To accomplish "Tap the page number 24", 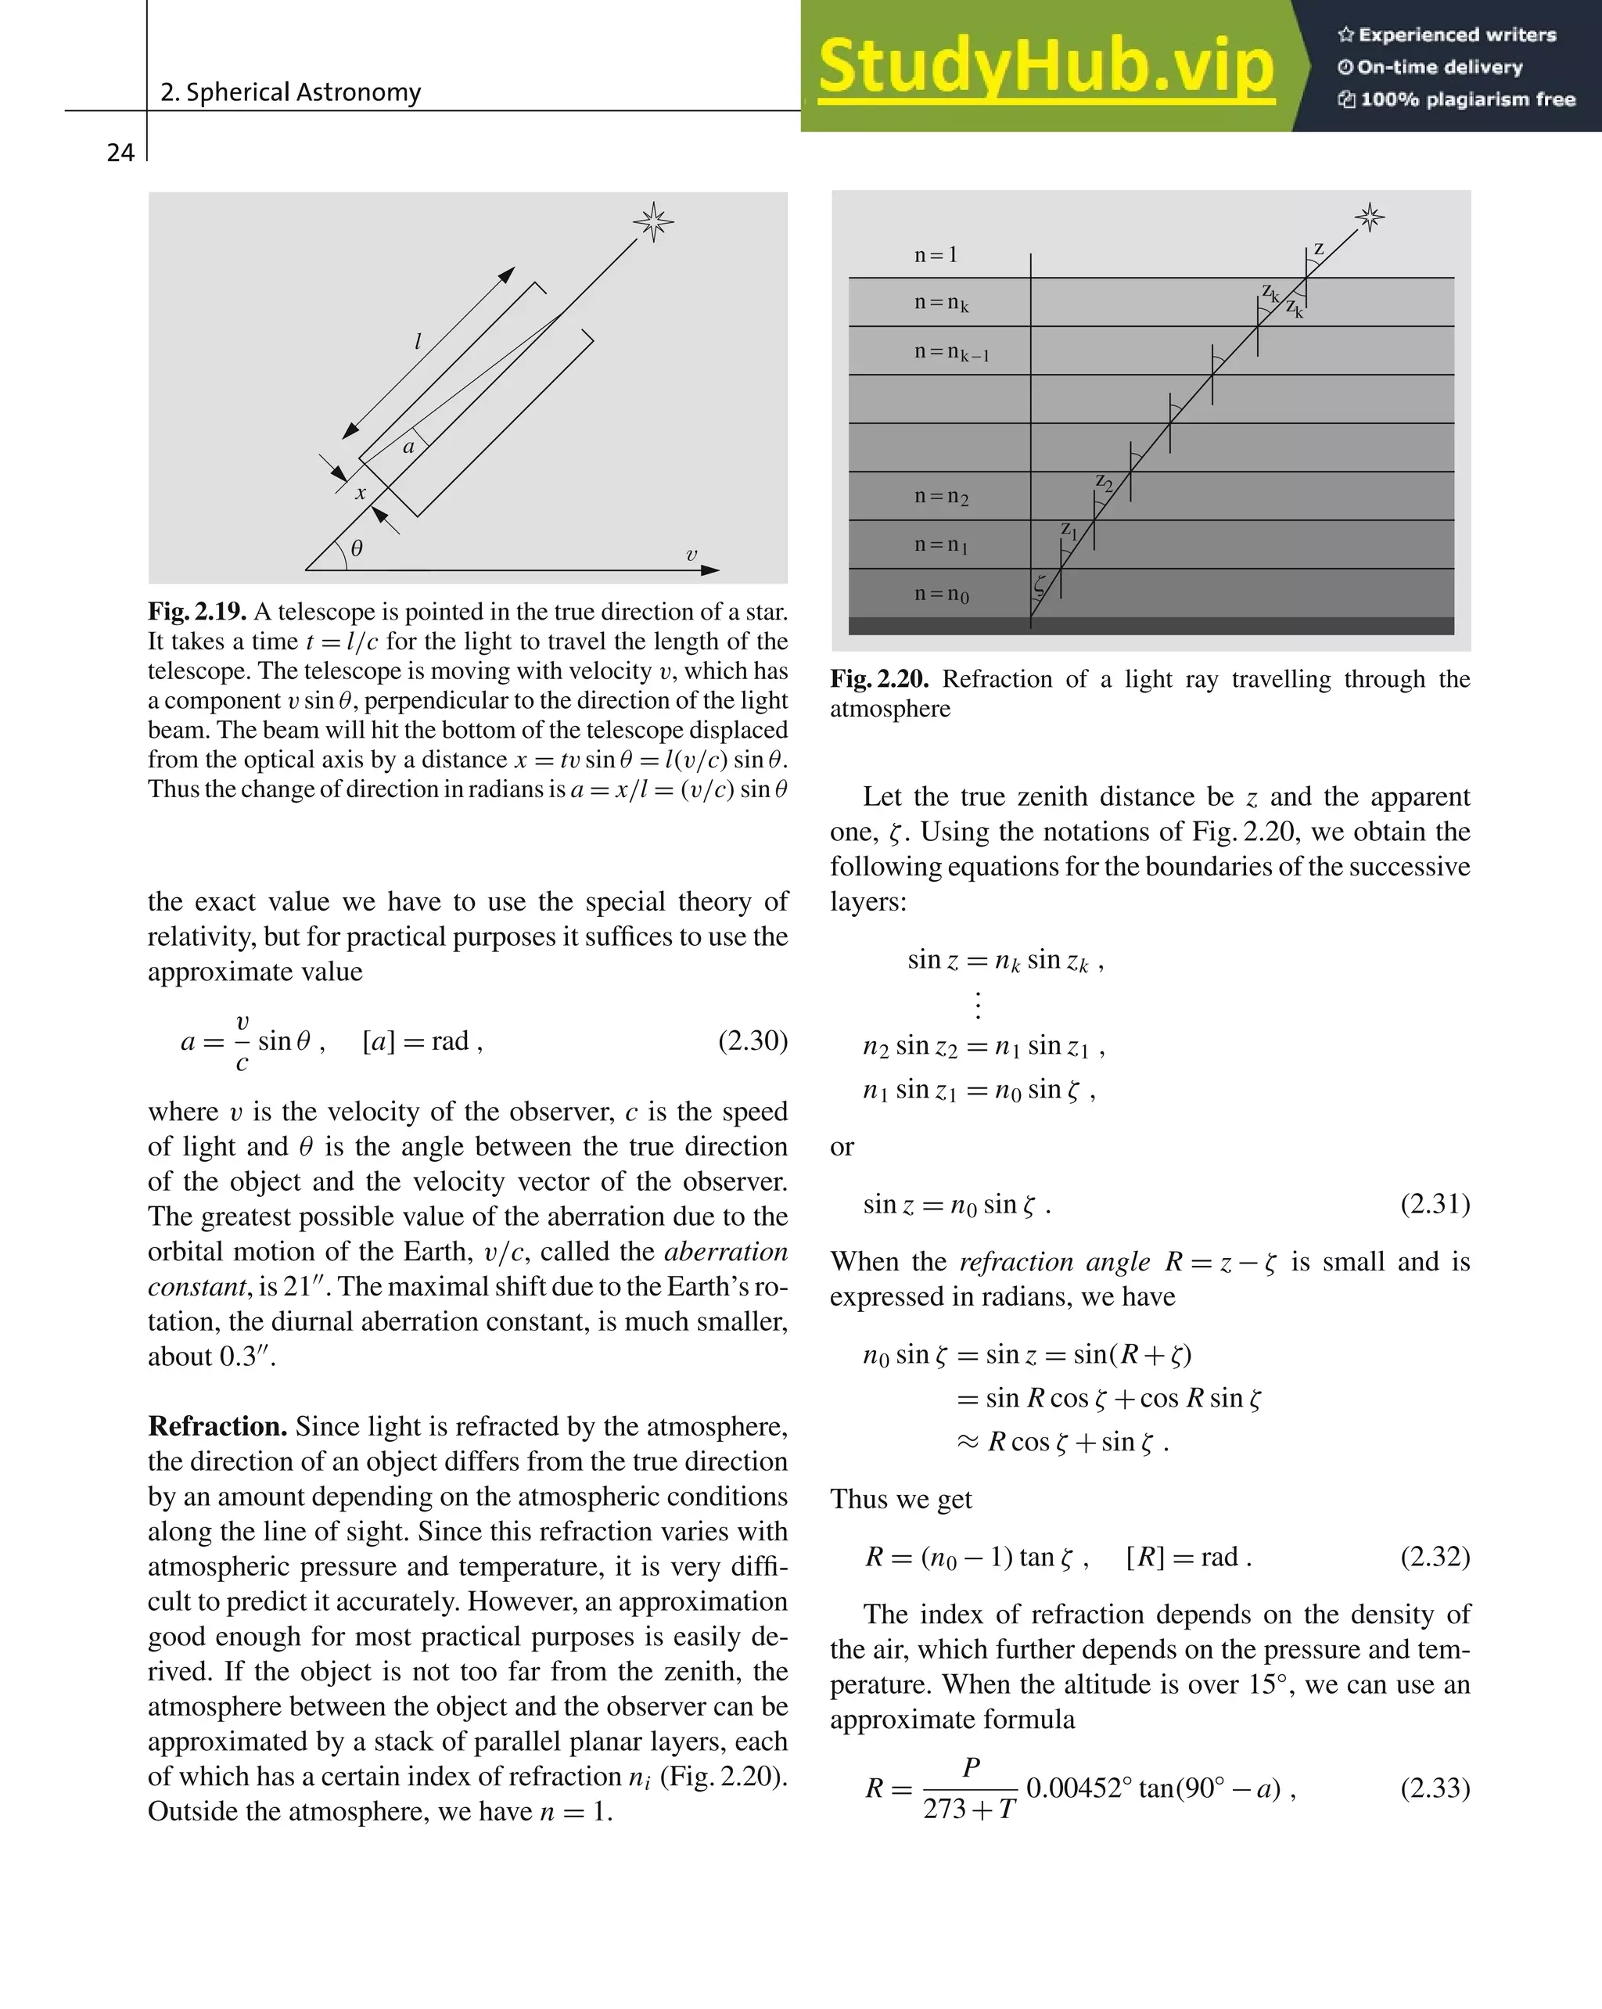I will (120, 153).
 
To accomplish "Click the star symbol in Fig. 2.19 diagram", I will (653, 221).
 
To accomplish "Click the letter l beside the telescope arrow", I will (418, 341).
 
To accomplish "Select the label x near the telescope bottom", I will (361, 493).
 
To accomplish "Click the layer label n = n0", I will (941, 594).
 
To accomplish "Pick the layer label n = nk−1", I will (950, 352).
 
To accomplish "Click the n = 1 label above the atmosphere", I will (936, 254).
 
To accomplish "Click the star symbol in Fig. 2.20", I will (1369, 217).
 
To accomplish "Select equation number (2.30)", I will (752, 1040).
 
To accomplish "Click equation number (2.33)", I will (1435, 1788).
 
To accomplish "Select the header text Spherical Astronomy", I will (291, 92).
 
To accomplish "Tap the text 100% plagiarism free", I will (1457, 99).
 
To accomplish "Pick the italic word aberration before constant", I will (725, 1252).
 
